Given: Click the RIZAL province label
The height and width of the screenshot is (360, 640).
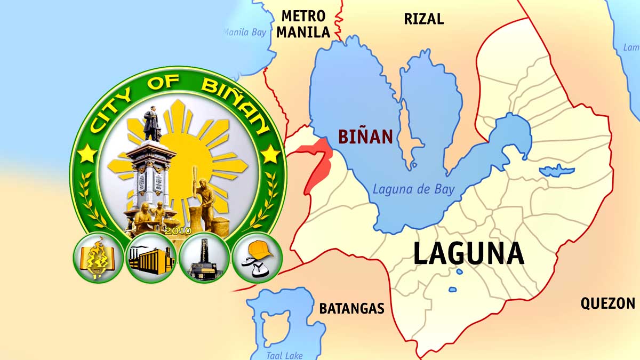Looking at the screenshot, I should pos(423,19).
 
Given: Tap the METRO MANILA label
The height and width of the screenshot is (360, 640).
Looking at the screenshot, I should pos(303,24).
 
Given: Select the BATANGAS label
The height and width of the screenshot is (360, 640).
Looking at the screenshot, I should pos(351,308).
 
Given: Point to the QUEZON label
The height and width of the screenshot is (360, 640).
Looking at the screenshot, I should pos(607,303).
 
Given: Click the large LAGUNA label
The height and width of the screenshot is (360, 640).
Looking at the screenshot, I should pos(468,254).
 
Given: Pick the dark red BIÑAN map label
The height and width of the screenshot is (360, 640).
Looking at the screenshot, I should pos(365,137).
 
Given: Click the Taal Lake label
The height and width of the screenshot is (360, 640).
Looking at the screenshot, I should pos(284,355).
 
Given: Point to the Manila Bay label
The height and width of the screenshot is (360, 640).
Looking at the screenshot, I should pos(245,33).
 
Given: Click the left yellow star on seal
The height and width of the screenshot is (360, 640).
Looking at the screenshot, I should pos(87,154).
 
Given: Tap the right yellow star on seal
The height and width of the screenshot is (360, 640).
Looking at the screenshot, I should pos(270,154).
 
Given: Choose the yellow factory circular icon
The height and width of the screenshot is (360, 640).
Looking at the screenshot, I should pos(151,258).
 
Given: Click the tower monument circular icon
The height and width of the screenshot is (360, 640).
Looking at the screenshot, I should pos(204,258).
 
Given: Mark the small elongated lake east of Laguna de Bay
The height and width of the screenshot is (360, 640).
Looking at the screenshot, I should pos(557,172).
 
